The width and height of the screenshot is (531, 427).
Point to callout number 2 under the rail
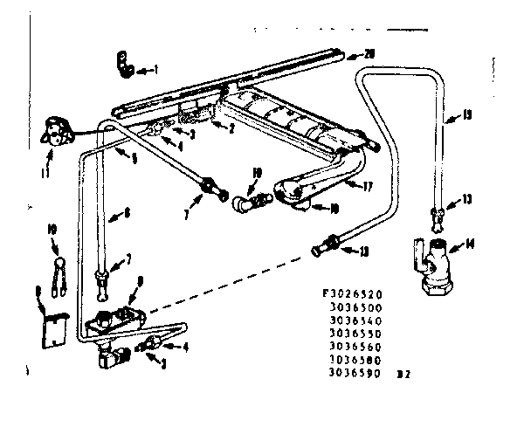(x=231, y=129)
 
